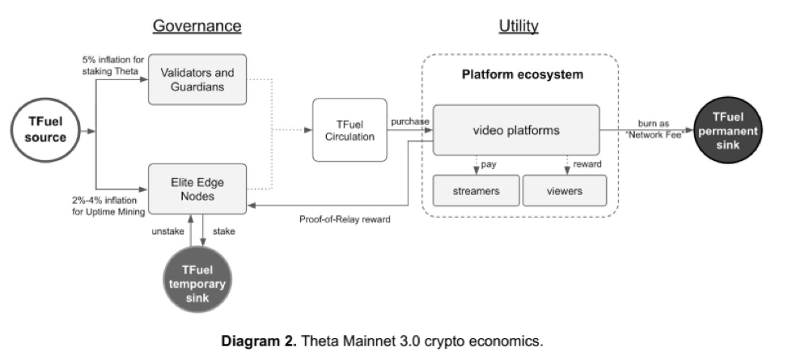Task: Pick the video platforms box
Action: coord(515,130)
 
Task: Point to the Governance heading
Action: coord(197,26)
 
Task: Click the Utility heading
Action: coord(518,26)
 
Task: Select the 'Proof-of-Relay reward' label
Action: coord(339,218)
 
